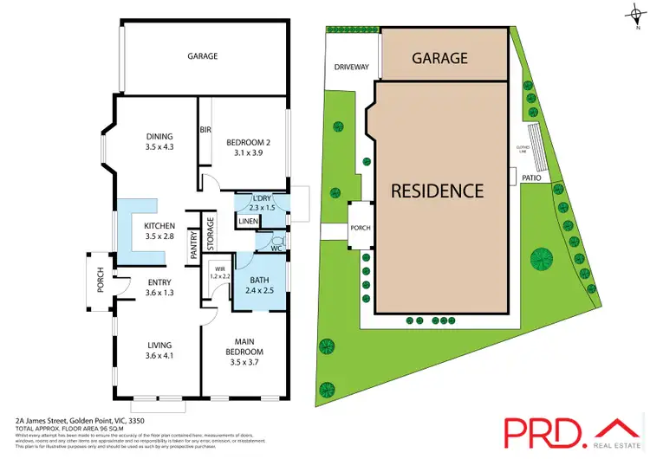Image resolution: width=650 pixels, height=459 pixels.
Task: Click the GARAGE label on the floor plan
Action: [x=202, y=56]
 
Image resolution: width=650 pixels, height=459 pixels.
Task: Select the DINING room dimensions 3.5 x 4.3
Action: [x=160, y=147]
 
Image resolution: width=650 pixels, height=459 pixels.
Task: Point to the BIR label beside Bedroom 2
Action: [x=205, y=130]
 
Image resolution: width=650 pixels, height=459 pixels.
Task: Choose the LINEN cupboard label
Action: [x=248, y=222]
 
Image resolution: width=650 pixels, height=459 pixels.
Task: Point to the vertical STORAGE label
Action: [x=211, y=232]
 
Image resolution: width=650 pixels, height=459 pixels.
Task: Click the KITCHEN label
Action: [x=160, y=226]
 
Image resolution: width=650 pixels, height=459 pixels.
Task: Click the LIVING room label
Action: [x=160, y=344]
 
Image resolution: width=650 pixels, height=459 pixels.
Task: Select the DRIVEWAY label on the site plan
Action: [x=351, y=67]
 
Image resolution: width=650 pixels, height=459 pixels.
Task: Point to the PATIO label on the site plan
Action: [x=532, y=178]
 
